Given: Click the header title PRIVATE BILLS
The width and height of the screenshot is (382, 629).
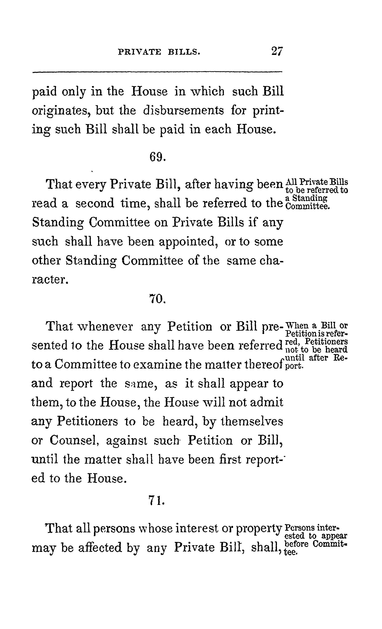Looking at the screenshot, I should [159, 52].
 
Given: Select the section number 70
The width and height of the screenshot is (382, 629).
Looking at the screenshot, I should [157, 298].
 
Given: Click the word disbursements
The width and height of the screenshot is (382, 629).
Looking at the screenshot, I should [183, 111].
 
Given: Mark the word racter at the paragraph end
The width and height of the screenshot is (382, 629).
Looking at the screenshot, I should [50, 280].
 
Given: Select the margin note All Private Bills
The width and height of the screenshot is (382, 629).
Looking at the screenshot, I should [317, 182].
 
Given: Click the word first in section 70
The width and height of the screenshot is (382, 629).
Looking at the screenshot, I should [230, 460].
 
